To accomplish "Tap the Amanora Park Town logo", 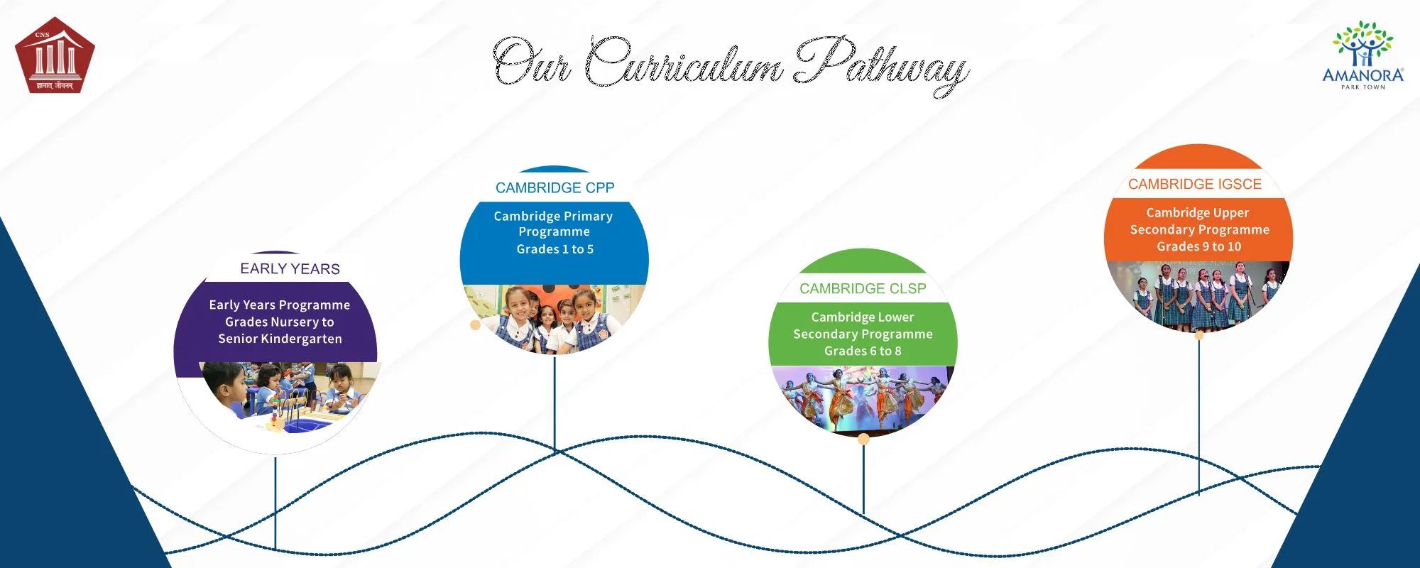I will coord(1362,55).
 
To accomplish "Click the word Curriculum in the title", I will coord(684,64).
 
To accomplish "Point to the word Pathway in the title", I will coord(880,64).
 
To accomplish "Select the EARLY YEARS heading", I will coord(290,269).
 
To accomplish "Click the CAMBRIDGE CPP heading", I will coord(555,188).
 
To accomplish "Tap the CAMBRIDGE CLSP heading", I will coord(863,289).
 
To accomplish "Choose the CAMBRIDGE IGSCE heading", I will coord(1194,185).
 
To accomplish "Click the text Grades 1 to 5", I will coord(555,249).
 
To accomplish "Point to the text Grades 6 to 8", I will coord(863,351).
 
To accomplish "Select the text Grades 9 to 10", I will coord(1198,247).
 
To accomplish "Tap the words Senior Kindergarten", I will coord(280,339).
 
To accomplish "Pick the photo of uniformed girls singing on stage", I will coord(1197,293).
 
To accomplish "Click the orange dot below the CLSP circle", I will coord(863,439).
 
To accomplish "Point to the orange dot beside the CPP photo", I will coord(475,325).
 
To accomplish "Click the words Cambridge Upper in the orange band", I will coord(1197,213).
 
